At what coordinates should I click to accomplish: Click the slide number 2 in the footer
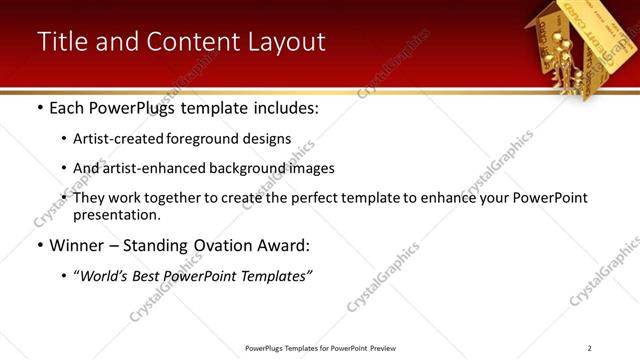(590, 348)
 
